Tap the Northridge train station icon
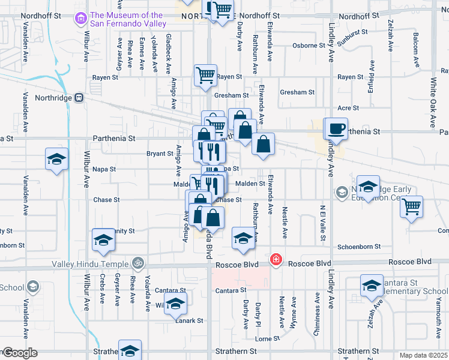(79, 98)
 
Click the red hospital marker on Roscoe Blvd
(276, 259)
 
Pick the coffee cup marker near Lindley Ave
(337, 128)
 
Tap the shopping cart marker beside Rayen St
(205, 76)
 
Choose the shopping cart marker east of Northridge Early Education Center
(412, 206)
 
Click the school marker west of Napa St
(56, 160)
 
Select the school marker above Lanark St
(175, 304)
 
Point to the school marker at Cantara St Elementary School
(372, 286)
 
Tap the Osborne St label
(309, 46)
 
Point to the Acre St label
(348, 108)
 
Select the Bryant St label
(160, 154)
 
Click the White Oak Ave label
(432, 102)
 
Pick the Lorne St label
(264, 338)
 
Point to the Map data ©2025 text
(423, 355)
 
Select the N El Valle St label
(323, 223)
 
